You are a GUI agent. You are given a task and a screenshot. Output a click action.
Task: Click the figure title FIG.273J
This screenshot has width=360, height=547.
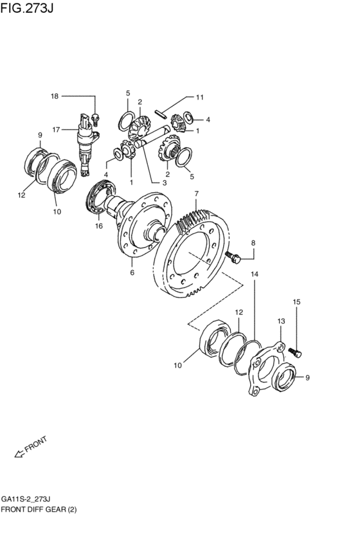(x=27, y=8)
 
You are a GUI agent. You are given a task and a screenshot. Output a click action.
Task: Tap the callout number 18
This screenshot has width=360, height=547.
(x=55, y=96)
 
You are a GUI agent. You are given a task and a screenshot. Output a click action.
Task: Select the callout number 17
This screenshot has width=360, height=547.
(x=56, y=130)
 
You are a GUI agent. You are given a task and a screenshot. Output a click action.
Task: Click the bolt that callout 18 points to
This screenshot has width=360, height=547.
(x=95, y=119)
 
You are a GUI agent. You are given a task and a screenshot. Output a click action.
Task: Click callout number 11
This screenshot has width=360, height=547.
(x=199, y=97)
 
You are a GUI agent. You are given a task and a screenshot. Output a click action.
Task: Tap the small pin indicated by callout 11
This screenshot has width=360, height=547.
(x=161, y=114)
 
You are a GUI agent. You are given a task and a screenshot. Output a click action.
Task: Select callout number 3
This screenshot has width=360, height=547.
(x=164, y=183)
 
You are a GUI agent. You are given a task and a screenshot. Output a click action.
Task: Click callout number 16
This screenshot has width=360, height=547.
(x=99, y=226)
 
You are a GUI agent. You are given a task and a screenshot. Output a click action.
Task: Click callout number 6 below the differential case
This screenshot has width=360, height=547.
(x=132, y=273)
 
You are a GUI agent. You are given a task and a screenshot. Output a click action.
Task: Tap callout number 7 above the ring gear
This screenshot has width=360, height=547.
(x=197, y=193)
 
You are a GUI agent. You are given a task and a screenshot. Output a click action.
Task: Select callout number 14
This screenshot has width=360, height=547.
(x=255, y=274)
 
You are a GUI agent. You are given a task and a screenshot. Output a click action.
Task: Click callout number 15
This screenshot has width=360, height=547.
(x=296, y=301)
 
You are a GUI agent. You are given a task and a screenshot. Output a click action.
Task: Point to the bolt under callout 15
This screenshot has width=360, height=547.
(x=295, y=352)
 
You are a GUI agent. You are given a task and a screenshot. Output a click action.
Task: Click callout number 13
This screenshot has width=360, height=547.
(x=281, y=321)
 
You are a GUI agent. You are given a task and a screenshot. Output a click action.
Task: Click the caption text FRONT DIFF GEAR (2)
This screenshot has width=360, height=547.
(x=39, y=510)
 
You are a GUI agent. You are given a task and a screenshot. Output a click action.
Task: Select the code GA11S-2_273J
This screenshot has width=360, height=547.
(x=28, y=499)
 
